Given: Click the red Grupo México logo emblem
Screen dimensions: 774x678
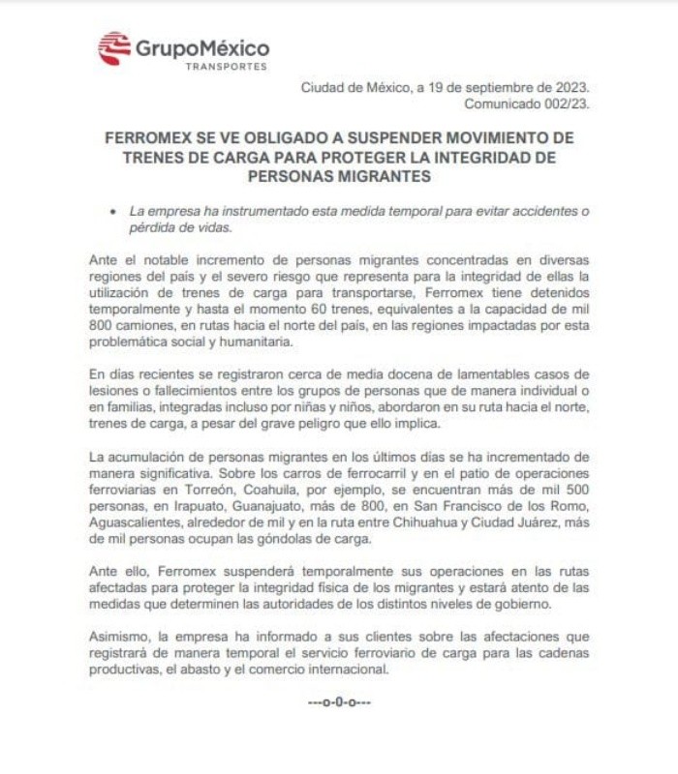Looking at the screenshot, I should (x=113, y=47).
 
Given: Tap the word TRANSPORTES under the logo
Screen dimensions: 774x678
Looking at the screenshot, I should (x=226, y=67).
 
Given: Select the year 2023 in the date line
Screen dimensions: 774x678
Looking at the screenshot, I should (x=572, y=87).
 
